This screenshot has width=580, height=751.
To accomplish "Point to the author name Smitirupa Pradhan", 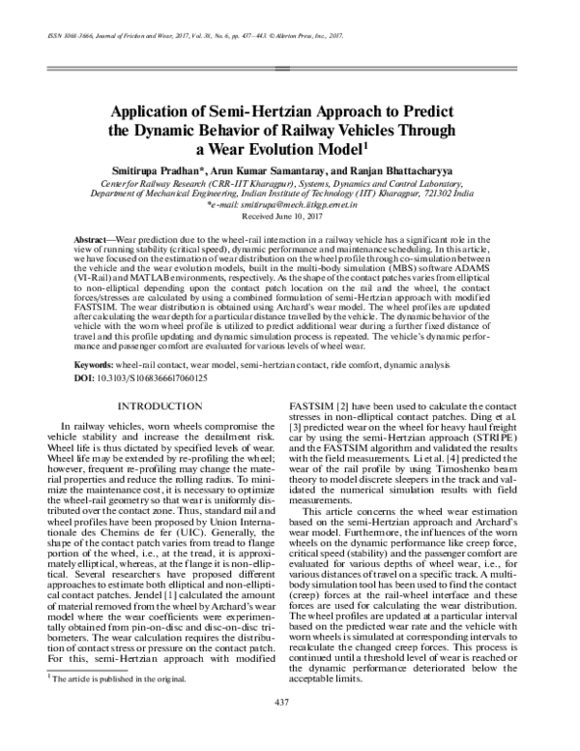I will click(x=161, y=169).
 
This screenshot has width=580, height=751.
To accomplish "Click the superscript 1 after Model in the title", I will click(x=366, y=145).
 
